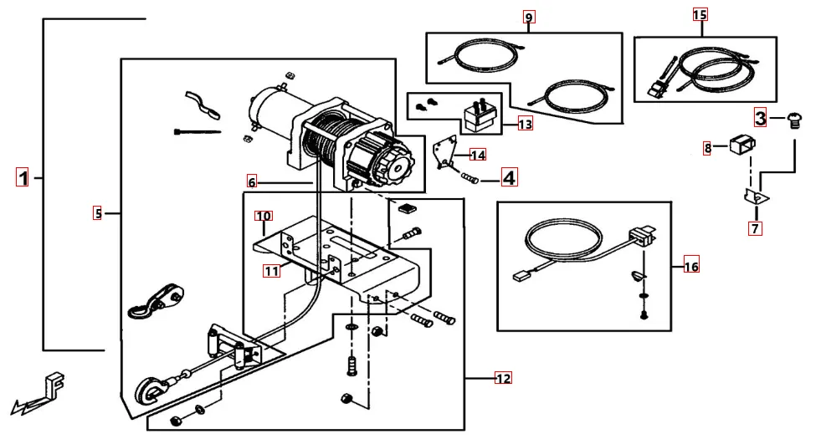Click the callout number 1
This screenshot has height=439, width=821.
coord(23,177)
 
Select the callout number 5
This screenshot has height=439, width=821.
coord(98,213)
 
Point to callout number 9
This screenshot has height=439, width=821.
coord(528,18)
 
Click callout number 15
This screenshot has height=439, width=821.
coord(700,14)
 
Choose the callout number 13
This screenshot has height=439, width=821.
coord(525,125)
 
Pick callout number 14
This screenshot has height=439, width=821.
coord(478,155)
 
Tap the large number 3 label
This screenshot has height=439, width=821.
coord(760,117)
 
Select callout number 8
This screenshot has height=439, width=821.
coord(708,148)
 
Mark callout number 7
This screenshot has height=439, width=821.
coord(755,228)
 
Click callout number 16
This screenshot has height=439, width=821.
coord(690,267)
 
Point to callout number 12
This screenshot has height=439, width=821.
coord(502,379)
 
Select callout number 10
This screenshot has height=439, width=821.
coord(264,216)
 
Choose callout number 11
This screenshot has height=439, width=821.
coord(271,270)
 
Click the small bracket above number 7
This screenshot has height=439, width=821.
coord(757,197)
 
